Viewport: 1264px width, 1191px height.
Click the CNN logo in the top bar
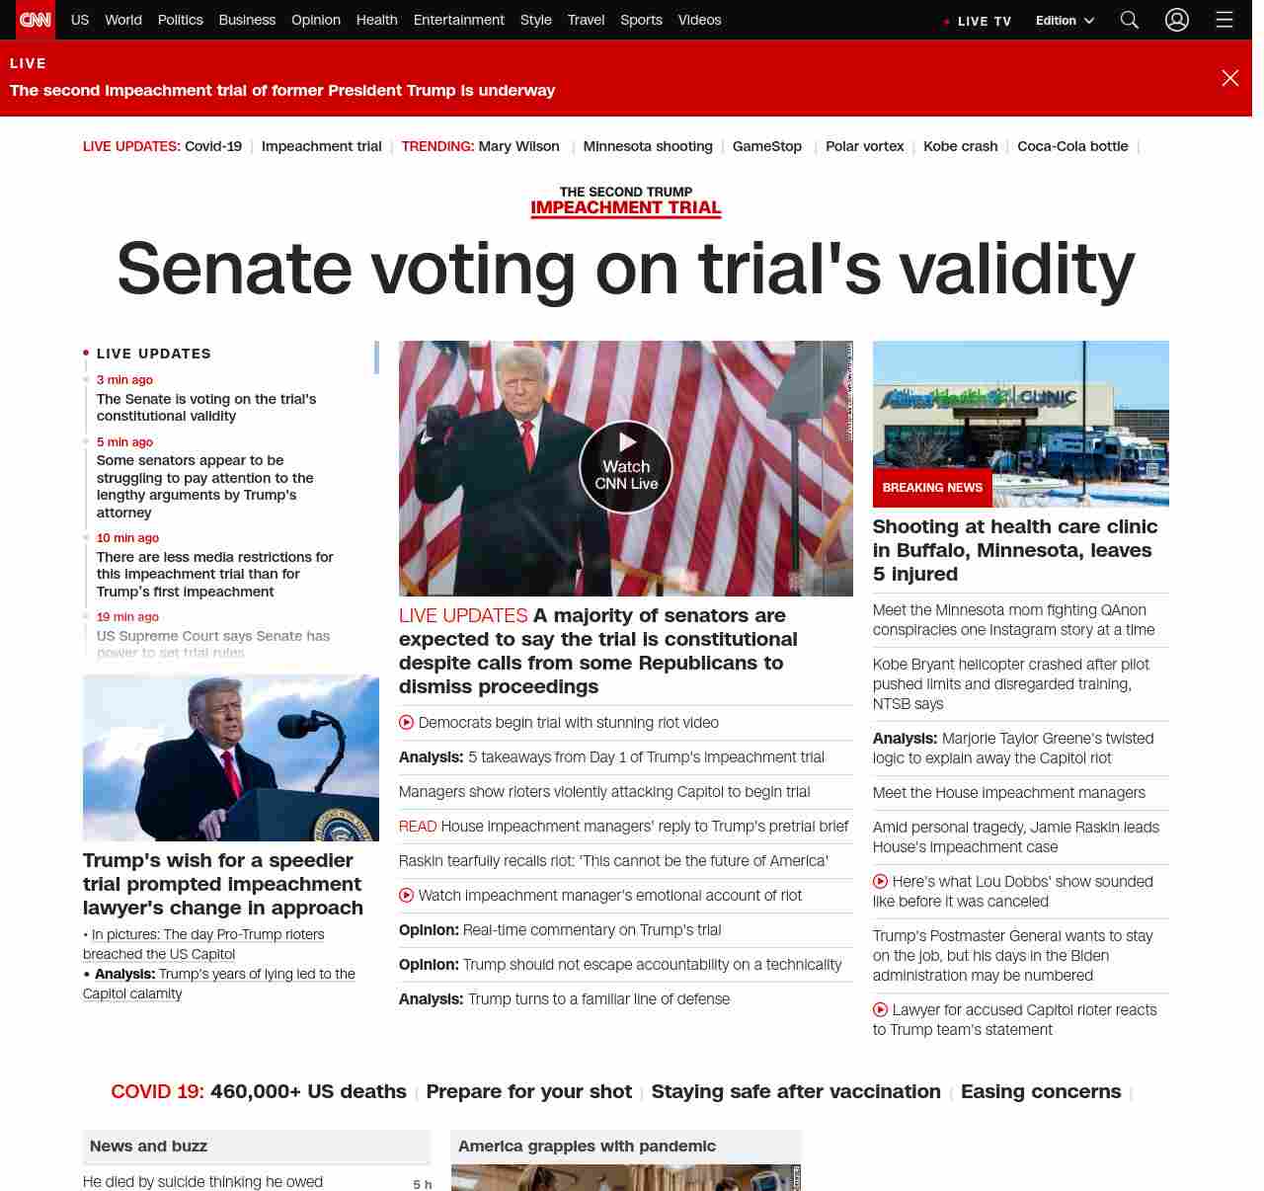coord(36,20)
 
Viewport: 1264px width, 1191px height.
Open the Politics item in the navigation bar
coord(180,20)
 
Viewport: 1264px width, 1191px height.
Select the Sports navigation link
coord(641,20)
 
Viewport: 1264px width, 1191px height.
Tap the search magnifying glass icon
coord(1130,20)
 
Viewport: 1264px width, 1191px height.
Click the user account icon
coord(1176,20)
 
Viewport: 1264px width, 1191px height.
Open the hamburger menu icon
coord(1224,20)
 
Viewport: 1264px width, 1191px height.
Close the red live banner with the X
coord(1229,78)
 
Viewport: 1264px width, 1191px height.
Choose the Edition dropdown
coord(1065,21)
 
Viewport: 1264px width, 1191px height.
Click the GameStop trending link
coord(766,146)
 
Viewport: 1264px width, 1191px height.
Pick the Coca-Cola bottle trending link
coord(1072,146)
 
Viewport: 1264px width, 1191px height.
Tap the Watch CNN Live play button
coord(626,467)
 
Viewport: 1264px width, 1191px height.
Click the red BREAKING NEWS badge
coord(932,488)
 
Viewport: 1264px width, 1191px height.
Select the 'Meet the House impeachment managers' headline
coord(1008,793)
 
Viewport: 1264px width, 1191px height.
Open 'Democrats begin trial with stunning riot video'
coord(568,723)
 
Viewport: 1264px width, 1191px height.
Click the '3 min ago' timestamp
coord(124,380)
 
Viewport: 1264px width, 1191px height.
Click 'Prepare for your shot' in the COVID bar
coord(528,1091)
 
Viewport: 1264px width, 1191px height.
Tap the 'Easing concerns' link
coord(1041,1091)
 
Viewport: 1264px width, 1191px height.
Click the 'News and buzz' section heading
coord(148,1147)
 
